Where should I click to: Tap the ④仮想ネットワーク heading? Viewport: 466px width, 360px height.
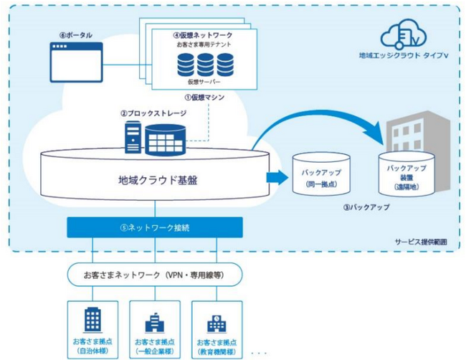pos(203,34)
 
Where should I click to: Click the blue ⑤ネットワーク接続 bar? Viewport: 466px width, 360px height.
pos(154,228)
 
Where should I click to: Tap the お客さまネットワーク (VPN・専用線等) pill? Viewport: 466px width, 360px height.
pos(154,275)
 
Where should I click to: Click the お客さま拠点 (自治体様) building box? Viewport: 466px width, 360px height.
pos(92,329)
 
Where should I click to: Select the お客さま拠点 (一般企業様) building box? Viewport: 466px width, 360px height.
pos(155,329)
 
